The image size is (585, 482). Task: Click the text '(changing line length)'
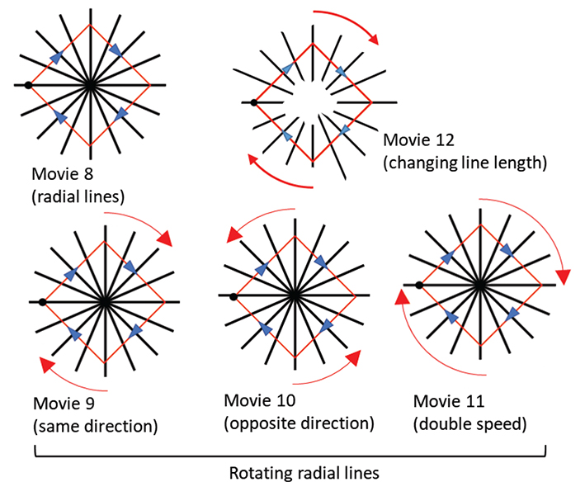(x=465, y=163)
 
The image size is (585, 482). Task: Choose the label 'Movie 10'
(x=261, y=402)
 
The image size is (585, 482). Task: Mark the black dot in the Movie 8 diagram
(x=28, y=85)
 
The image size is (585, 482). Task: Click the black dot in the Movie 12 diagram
(x=253, y=103)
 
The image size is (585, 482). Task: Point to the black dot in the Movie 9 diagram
(x=42, y=302)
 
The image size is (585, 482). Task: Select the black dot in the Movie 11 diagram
(x=419, y=286)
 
